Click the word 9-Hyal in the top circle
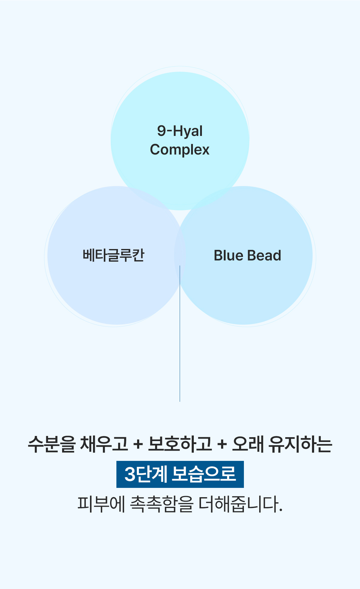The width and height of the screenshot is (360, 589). (180, 131)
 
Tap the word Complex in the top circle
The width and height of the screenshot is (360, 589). (180, 149)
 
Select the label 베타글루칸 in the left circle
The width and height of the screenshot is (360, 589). (114, 255)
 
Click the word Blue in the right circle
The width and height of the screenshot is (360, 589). (228, 256)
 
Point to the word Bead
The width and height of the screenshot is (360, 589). (264, 256)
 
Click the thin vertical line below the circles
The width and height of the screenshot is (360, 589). (180, 333)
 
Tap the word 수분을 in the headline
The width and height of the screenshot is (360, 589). (51, 444)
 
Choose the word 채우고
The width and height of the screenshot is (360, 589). (104, 444)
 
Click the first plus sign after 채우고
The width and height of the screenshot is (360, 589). (138, 444)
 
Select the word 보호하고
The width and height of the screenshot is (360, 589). (180, 444)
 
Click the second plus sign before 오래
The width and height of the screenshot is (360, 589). (222, 444)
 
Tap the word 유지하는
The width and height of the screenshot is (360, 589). (301, 444)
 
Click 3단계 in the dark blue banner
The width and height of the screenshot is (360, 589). (145, 474)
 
